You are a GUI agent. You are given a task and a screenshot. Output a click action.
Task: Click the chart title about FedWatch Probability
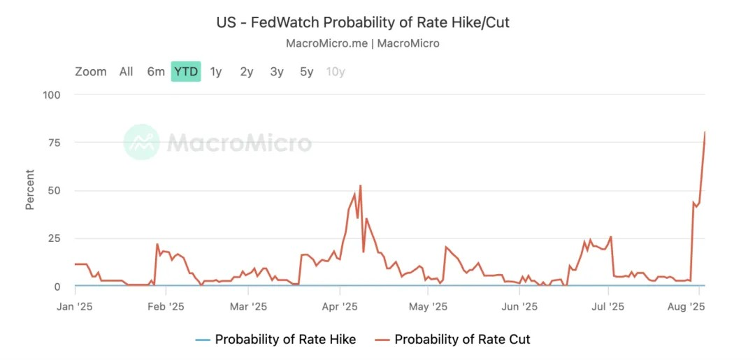(363, 22)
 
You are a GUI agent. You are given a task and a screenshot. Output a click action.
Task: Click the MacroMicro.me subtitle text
(363, 43)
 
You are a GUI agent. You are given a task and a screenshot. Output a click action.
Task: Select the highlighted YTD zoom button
(186, 71)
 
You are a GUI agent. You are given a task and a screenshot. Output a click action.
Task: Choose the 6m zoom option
(156, 71)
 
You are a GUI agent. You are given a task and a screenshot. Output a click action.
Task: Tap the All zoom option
(126, 71)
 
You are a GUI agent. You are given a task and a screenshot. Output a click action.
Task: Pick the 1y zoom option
(216, 71)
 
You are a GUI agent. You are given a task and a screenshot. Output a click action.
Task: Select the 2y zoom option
(246, 71)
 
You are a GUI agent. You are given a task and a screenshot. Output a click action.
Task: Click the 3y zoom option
(277, 71)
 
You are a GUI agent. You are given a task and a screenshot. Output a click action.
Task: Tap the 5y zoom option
(307, 71)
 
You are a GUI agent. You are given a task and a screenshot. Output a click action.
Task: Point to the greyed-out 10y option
(336, 71)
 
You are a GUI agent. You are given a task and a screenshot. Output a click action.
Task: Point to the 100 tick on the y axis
(52, 94)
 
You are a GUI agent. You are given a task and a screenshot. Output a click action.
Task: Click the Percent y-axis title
(30, 189)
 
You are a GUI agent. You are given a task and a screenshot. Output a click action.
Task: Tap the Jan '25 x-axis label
(75, 306)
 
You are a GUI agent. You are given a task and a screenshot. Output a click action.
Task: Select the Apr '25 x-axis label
(340, 306)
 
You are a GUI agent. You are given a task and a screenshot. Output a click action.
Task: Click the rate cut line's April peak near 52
(360, 186)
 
